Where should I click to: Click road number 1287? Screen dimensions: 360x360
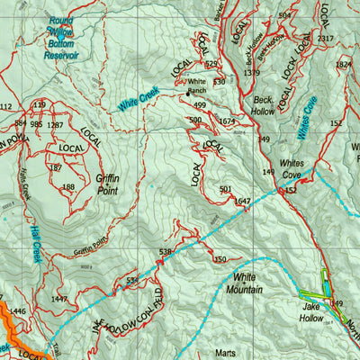pos(56,125)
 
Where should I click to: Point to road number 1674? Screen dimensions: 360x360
pos(227,121)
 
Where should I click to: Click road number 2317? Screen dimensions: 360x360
pos(326,39)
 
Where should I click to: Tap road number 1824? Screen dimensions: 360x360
pos(344,65)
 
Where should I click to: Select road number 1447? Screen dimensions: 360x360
pos(59,298)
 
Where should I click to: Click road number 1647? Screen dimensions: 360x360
pos(242,202)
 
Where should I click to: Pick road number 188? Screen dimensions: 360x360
pos(68,187)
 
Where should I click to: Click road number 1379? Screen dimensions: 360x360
pos(252,73)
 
